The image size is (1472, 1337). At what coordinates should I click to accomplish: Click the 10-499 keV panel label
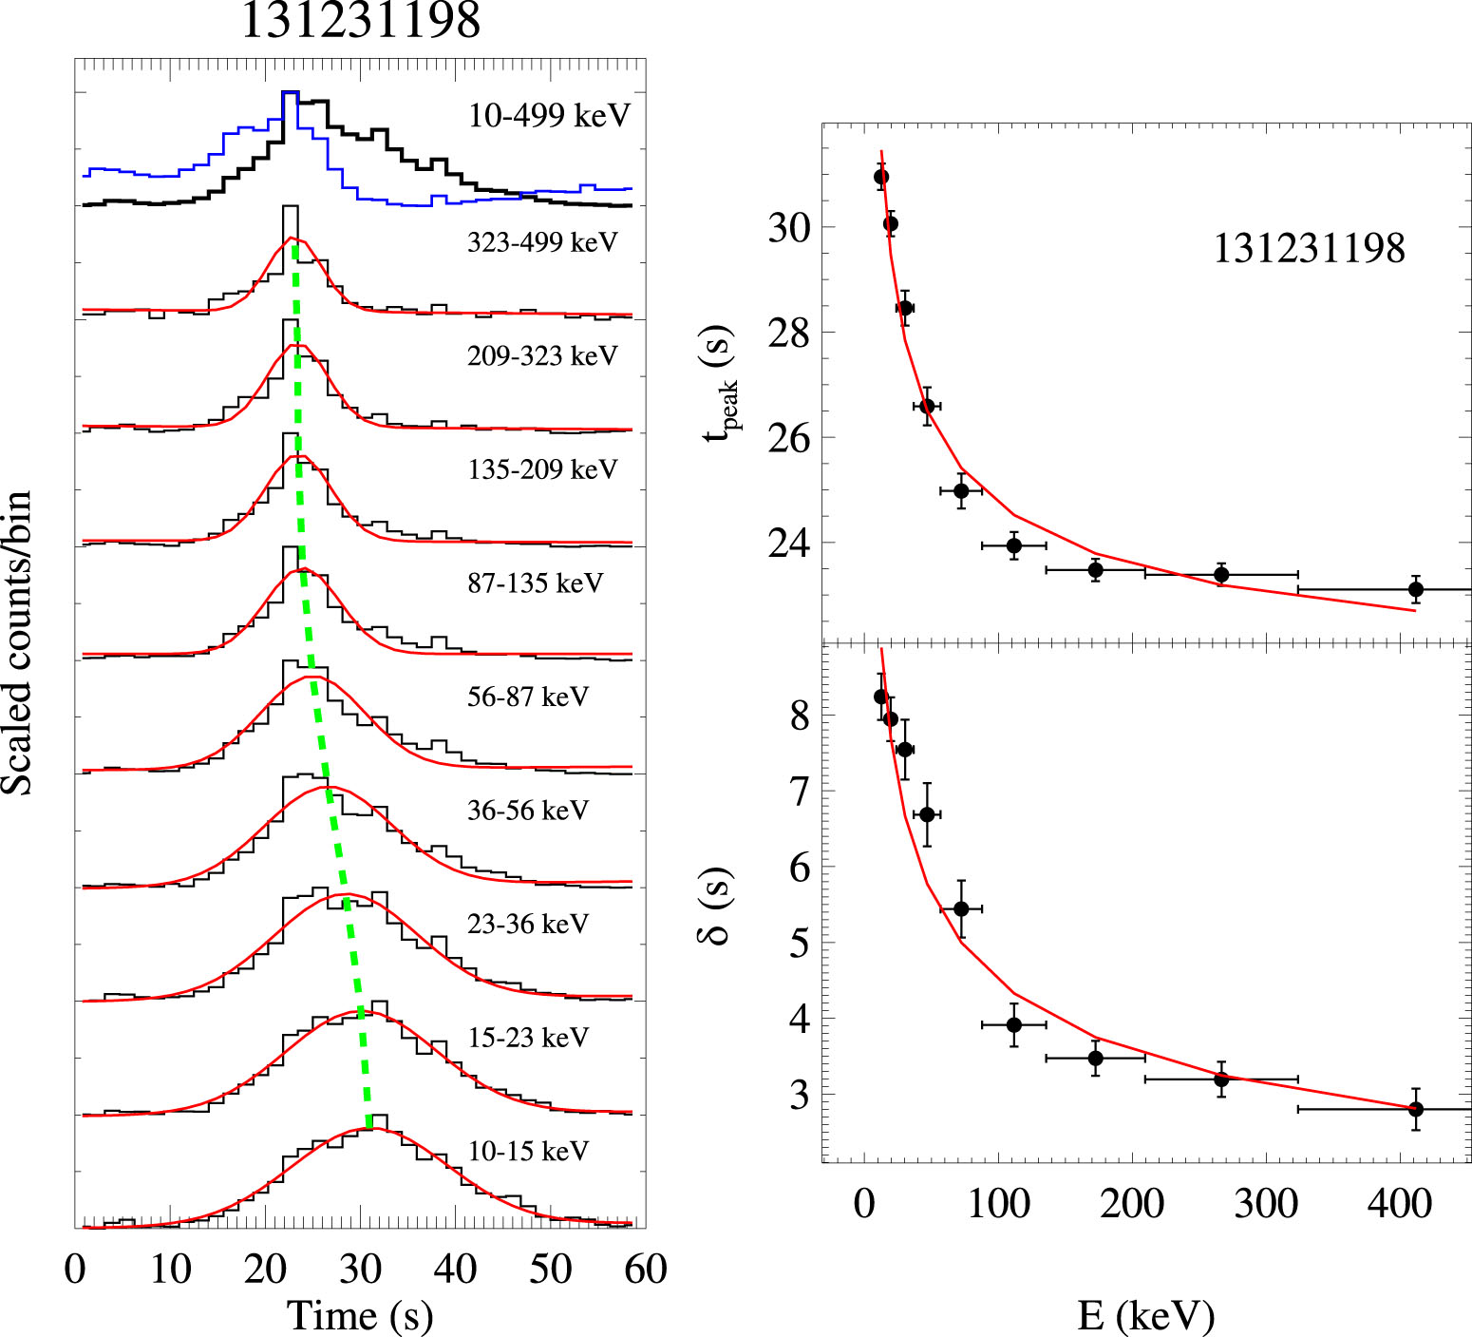[x=549, y=116]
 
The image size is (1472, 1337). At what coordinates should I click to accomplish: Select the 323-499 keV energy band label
[x=542, y=242]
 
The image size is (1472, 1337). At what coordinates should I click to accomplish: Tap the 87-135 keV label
[x=536, y=583]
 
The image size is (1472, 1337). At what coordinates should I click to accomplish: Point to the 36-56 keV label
[x=528, y=811]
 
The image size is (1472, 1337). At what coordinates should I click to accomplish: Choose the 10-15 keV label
[x=528, y=1151]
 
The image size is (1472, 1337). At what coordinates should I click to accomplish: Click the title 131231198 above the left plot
[x=360, y=21]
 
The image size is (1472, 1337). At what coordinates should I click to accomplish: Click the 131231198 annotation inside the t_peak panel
[x=1309, y=249]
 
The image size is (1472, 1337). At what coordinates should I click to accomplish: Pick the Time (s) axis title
[x=360, y=1315]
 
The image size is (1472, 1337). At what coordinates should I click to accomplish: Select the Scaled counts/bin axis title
[x=17, y=643]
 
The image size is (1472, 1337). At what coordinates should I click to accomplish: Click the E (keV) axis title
[x=1146, y=1315]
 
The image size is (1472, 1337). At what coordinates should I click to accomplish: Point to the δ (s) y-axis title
[x=718, y=907]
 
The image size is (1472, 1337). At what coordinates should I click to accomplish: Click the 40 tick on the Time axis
[x=455, y=1269]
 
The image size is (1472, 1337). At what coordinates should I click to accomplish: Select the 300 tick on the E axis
[x=1266, y=1204]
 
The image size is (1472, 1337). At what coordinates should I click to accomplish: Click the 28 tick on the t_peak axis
[x=789, y=334]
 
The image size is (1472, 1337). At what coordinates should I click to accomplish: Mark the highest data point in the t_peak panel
[x=881, y=177]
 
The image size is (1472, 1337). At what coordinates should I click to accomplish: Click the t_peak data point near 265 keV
[x=1221, y=574]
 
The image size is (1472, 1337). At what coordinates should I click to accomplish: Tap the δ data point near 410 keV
[x=1415, y=1109]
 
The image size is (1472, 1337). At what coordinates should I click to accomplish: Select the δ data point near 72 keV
[x=961, y=909]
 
